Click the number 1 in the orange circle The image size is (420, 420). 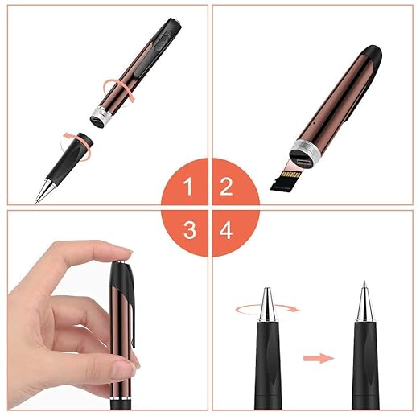[188, 187]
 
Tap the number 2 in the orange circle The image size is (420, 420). [226, 187]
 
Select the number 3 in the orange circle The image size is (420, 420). [190, 230]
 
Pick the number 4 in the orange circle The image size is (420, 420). [226, 230]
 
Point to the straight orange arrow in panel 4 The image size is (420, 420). [319, 358]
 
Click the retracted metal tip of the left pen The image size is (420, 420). [267, 303]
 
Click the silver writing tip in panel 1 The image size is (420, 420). [45, 191]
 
